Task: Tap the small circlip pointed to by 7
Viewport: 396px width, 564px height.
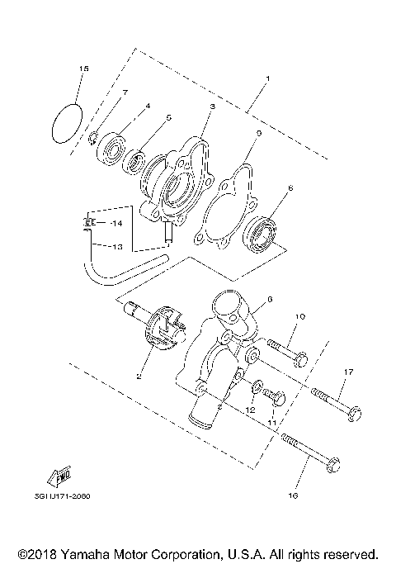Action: pyautogui.click(x=95, y=136)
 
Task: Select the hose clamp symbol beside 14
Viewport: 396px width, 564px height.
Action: pyautogui.click(x=88, y=223)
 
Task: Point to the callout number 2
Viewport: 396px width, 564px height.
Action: pyautogui.click(x=139, y=376)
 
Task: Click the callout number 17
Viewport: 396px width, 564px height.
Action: pyautogui.click(x=348, y=372)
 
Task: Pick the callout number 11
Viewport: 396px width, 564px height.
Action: pyautogui.click(x=270, y=423)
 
